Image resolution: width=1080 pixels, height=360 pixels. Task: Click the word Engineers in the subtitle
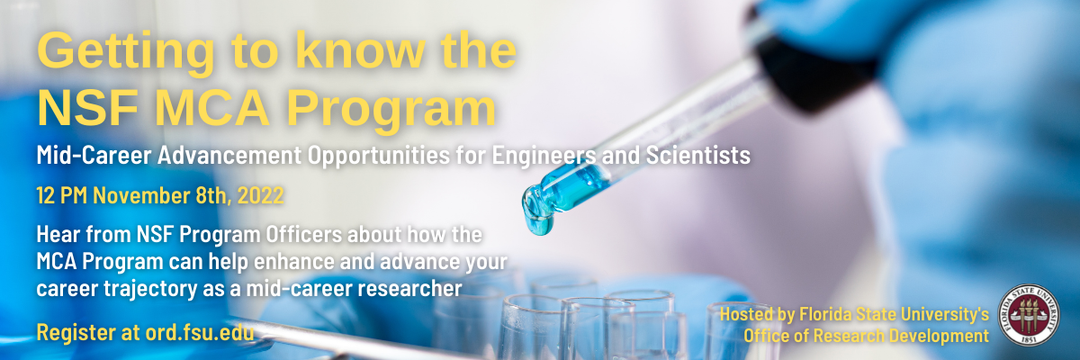tap(537, 156)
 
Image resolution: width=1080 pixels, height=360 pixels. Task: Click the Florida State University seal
tap(1032, 318)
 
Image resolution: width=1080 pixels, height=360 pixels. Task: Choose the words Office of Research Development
tap(866, 336)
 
